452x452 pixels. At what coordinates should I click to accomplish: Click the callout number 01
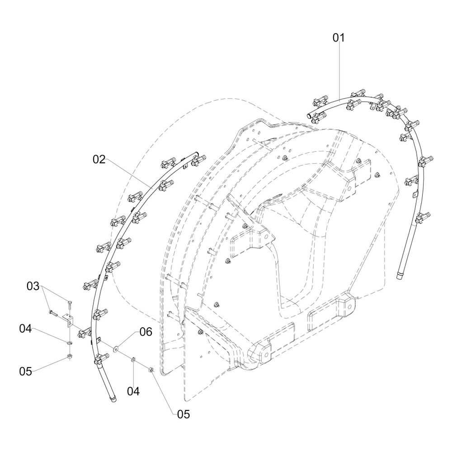339,38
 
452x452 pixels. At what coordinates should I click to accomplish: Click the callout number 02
99,159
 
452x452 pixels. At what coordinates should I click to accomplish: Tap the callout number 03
33,286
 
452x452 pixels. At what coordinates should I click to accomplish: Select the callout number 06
146,332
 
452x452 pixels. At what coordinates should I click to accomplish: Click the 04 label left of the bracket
25,328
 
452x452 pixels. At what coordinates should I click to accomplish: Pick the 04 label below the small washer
133,391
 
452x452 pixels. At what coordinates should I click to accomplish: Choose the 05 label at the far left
25,372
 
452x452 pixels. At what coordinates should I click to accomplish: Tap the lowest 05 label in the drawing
184,414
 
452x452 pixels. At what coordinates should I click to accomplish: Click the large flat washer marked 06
116,349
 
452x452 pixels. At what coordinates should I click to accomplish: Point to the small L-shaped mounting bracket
69,320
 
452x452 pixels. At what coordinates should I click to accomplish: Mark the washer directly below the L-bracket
69,343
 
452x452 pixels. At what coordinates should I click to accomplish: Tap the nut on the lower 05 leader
151,370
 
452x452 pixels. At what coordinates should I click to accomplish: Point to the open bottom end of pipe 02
113,400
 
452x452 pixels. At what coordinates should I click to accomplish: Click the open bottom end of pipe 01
400,276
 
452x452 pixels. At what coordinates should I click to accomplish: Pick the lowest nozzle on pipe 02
101,358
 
